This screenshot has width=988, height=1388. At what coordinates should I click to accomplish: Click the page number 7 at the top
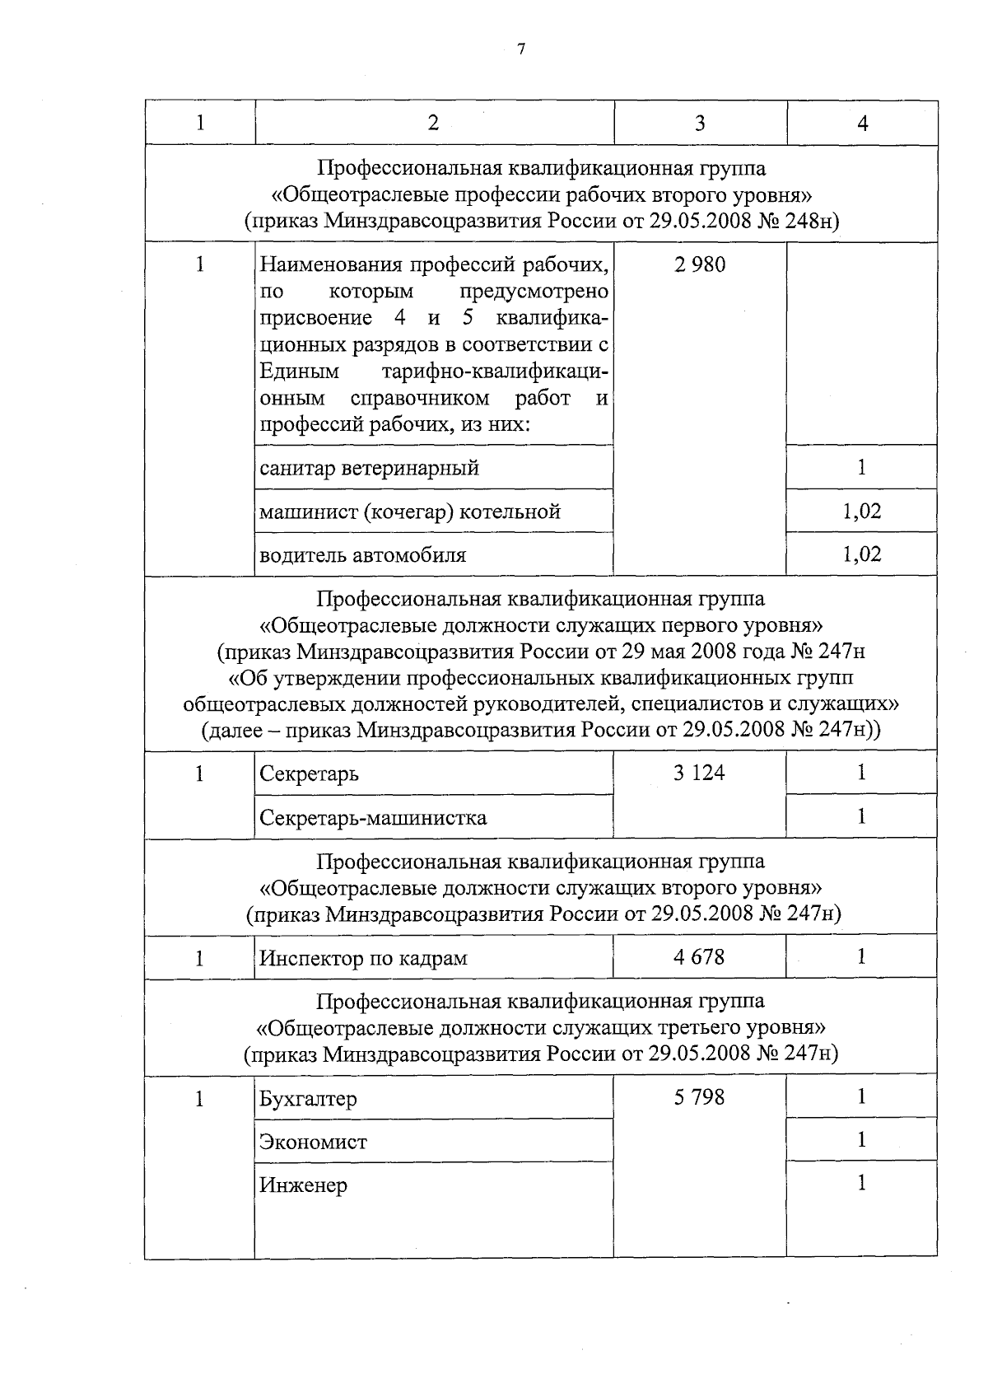[520, 49]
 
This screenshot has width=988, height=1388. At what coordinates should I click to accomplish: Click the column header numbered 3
[700, 124]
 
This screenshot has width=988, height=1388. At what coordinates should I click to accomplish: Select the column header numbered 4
[862, 124]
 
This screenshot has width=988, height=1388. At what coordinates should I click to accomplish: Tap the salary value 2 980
[700, 265]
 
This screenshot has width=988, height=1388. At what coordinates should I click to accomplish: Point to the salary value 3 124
[700, 773]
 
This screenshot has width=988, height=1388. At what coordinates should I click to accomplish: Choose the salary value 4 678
[700, 957]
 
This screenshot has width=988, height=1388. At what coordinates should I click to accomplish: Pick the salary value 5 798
[700, 1097]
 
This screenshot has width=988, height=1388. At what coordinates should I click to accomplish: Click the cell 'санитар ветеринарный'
[370, 469]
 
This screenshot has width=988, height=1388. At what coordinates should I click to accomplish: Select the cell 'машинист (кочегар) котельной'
[410, 512]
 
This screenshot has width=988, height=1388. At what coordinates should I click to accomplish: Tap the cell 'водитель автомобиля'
[363, 555]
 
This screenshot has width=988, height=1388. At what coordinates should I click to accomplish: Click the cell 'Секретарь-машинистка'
[373, 818]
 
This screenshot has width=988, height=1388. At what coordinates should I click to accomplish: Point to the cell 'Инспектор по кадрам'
[363, 958]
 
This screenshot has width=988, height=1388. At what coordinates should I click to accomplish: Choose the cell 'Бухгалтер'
[308, 1099]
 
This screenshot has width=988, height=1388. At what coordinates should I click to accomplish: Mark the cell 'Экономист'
[313, 1142]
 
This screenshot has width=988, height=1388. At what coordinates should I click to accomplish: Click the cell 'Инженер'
[303, 1185]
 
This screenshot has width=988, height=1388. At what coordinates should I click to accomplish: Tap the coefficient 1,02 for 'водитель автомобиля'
[862, 554]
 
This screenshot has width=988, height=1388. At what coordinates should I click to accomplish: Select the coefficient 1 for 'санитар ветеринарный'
[862, 468]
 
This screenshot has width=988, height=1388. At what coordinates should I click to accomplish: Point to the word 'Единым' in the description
[299, 372]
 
